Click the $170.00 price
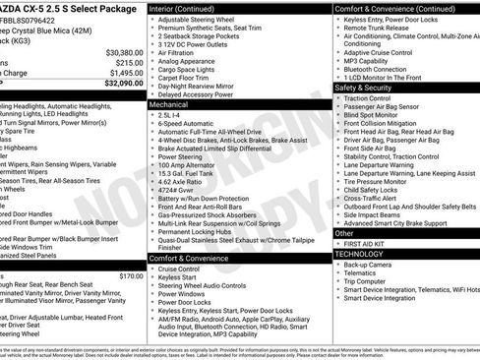131,276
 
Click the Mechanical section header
169,102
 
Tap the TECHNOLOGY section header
359,254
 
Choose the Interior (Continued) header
183,8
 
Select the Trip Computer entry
366,280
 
